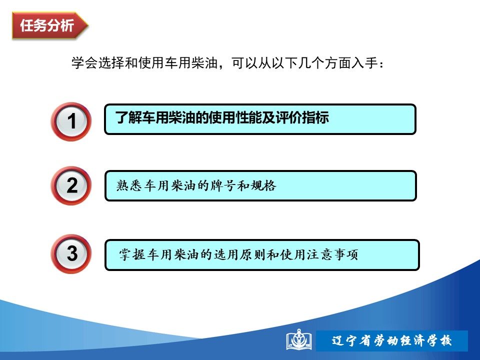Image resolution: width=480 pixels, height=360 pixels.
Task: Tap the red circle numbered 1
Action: (71, 121)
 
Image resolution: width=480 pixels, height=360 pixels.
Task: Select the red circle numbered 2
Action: (71, 185)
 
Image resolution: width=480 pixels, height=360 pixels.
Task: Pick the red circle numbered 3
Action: (71, 254)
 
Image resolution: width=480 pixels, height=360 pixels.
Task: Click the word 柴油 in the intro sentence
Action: (204, 63)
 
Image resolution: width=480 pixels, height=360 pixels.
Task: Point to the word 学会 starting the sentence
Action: (84, 63)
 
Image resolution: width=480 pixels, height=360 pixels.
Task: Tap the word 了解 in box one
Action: (128, 117)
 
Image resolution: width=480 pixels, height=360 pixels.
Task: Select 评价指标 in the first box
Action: (302, 117)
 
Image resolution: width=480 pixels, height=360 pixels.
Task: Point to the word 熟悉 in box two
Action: (129, 185)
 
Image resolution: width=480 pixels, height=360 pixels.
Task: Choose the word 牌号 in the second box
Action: (223, 185)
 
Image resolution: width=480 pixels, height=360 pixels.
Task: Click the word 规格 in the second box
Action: (263, 185)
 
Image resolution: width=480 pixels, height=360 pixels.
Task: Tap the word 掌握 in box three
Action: (132, 254)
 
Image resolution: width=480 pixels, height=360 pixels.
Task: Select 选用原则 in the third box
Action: (239, 254)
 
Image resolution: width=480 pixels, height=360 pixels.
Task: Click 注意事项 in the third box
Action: (332, 254)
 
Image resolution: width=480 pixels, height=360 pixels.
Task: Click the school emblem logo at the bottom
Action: (299, 339)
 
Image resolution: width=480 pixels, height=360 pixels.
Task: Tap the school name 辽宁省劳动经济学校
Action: (391, 340)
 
